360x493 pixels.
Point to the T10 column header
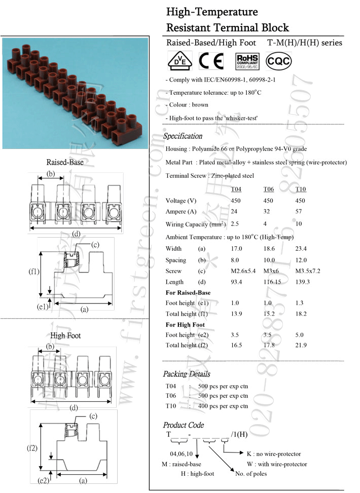(x=301, y=189)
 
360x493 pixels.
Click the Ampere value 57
(x=300, y=212)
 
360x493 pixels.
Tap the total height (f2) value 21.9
(x=301, y=345)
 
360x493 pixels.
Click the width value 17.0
(x=236, y=249)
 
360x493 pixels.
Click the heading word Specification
(x=183, y=136)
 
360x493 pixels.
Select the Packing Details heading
(x=186, y=374)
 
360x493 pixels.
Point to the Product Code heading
(x=183, y=425)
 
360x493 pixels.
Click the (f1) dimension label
(x=33, y=272)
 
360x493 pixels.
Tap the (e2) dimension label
(x=43, y=480)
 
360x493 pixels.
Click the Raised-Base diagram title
(x=65, y=163)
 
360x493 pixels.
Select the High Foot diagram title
(x=65, y=335)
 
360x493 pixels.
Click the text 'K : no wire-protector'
(x=273, y=454)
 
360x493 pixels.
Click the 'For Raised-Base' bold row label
(x=188, y=293)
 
